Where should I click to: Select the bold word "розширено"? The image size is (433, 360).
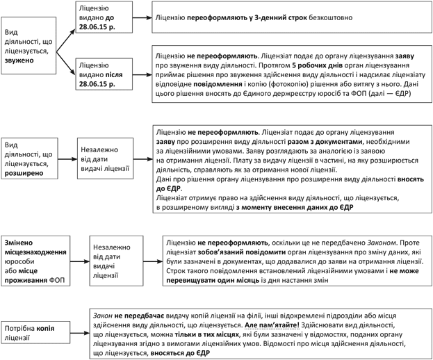[x=24, y=174]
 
